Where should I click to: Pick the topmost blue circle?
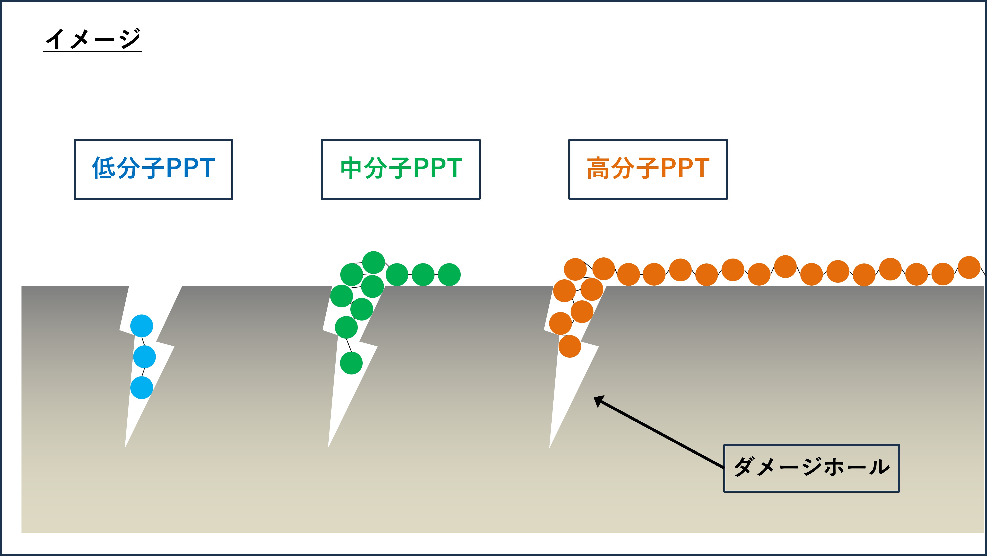pyautogui.click(x=142, y=326)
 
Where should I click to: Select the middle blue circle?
pyautogui.click(x=144, y=357)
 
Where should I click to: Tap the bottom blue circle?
pyautogui.click(x=142, y=387)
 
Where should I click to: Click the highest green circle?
pyautogui.click(x=374, y=263)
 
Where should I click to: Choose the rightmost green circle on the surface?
pyautogui.click(x=449, y=275)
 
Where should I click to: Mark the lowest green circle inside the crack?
pyautogui.click(x=351, y=363)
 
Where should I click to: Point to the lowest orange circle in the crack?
pyautogui.click(x=570, y=346)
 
